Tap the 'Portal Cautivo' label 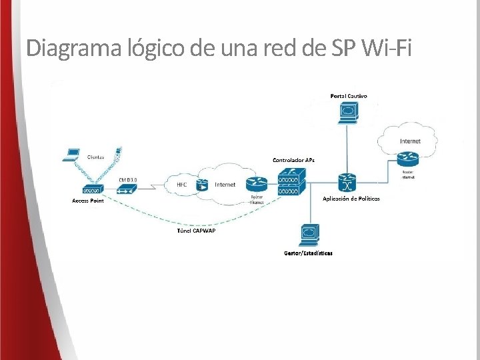(x=348, y=96)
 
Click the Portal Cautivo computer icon (x=347, y=111)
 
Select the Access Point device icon (x=89, y=190)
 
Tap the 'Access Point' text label (x=88, y=201)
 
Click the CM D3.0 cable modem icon (x=127, y=189)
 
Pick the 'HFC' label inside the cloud (x=181, y=185)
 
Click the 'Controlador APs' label (x=293, y=160)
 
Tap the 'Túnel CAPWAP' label (x=196, y=231)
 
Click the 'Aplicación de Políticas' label (x=351, y=199)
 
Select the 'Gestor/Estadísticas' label (x=308, y=253)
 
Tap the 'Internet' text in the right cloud (x=410, y=141)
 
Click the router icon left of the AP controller (x=256, y=183)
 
